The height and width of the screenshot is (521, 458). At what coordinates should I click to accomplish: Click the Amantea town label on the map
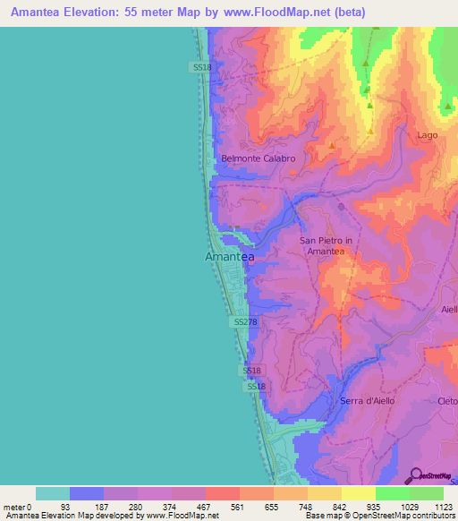(230, 257)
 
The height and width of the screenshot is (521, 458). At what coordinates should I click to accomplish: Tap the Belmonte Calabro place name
(258, 158)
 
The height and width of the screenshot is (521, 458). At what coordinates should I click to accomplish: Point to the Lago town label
(428, 135)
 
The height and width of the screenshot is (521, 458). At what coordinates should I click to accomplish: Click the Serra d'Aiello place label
(369, 401)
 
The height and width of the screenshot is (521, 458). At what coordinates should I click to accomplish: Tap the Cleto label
(447, 401)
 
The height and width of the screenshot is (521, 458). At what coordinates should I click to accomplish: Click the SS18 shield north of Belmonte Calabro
(201, 67)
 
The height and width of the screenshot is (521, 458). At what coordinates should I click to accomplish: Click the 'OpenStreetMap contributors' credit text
(399, 515)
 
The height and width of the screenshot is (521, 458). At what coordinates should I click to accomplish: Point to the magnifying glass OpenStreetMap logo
(415, 474)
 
